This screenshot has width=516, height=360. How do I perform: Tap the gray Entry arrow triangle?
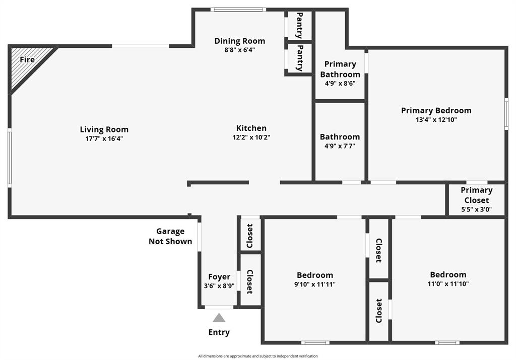pos(219,318)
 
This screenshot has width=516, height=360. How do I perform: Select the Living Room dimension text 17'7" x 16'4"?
pos(104,138)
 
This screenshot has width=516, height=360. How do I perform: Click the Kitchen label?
pos(251,128)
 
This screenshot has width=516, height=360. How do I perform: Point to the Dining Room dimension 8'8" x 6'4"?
pos(239,50)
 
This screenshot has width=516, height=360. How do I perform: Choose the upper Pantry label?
pos(299,26)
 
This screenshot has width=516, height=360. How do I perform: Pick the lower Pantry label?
pos(299,58)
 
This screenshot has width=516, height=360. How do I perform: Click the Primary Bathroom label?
pos(340,69)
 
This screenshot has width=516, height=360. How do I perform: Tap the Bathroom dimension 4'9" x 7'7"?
pos(340,146)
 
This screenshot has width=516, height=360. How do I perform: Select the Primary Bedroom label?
pos(436,110)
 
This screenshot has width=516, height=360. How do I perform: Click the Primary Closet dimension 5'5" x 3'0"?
pos(476,209)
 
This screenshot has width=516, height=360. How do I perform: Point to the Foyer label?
pos(219,276)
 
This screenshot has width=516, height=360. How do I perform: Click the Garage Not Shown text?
pos(170,236)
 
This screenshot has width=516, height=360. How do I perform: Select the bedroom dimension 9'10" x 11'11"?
pos(314,284)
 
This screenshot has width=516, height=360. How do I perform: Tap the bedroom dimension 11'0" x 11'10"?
pos(447,283)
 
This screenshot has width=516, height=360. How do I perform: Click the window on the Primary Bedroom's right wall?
pos(506,115)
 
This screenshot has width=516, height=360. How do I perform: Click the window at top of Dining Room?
pos(238,9)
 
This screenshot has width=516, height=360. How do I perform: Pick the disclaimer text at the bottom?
pos(258,356)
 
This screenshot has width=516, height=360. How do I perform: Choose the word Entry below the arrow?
pos(219,332)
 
